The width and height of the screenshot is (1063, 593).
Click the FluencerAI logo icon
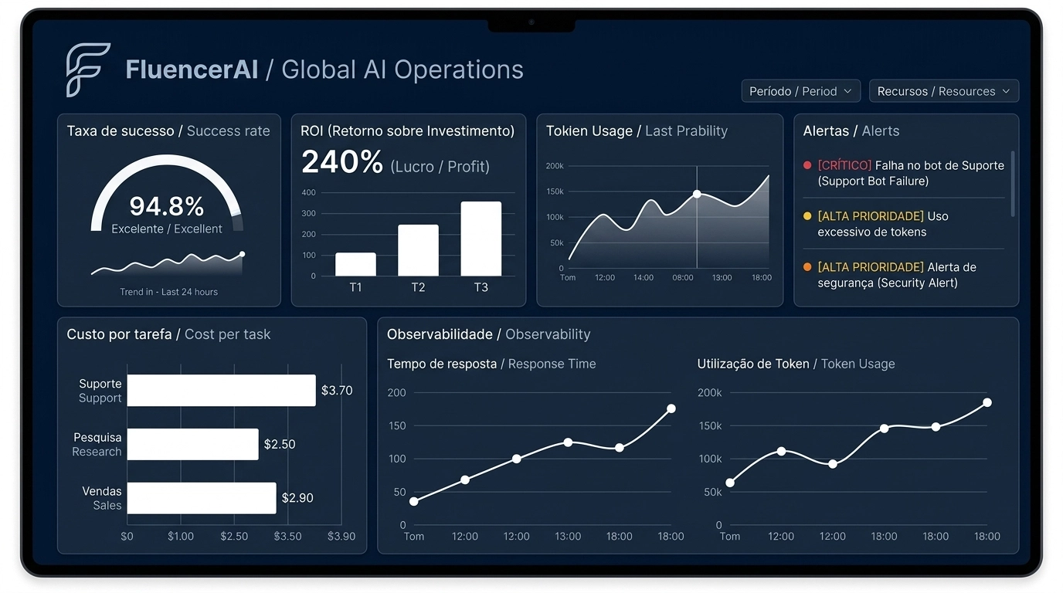click(87, 70)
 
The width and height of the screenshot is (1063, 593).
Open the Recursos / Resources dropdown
click(943, 91)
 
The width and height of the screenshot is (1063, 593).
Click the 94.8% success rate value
click(166, 206)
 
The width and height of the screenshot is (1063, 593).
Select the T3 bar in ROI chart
click(481, 239)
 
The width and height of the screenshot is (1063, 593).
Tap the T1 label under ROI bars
click(355, 287)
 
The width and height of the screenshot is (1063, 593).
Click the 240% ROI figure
click(341, 163)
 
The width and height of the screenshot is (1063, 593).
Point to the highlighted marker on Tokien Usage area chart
click(697, 195)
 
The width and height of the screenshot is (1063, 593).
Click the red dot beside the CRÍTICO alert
click(807, 165)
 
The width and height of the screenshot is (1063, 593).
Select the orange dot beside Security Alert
click(807, 267)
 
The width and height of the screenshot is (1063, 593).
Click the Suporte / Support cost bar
click(221, 390)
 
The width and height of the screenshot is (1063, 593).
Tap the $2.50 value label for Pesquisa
click(280, 444)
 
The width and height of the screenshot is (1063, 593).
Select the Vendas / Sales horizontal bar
click(201, 498)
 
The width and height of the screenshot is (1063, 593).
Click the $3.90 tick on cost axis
click(341, 536)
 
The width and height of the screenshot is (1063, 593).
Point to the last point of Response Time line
click(671, 408)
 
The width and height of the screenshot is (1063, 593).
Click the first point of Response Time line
click(414, 501)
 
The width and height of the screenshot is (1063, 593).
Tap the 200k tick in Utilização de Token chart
click(709, 392)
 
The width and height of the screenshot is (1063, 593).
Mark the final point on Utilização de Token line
click(987, 402)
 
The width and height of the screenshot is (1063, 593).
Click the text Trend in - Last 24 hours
click(168, 292)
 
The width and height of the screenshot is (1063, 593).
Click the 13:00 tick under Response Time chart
click(568, 536)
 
